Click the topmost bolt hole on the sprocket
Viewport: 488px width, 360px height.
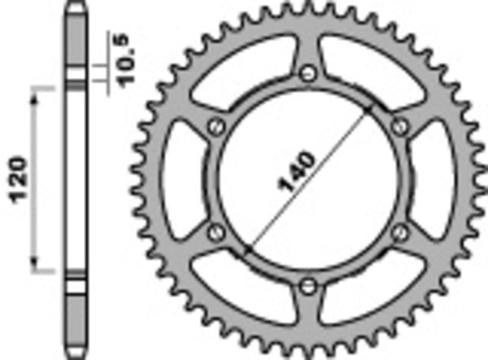tap(307, 74)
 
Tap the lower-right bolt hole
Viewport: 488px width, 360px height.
tap(398, 232)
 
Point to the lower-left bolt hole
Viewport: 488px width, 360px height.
tap(216, 232)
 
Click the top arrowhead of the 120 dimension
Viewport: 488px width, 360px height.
tap(35, 96)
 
